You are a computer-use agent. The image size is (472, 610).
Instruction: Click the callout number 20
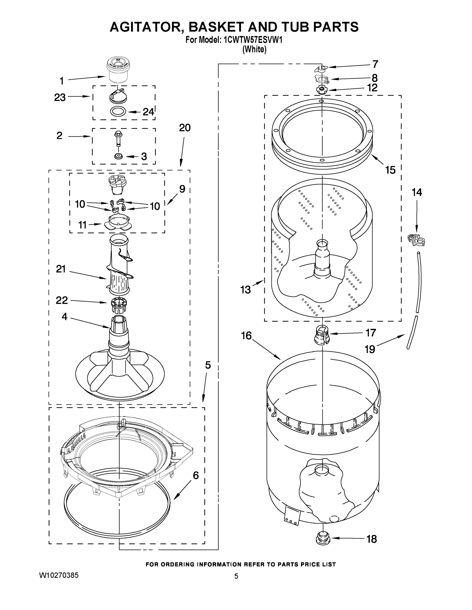point(184,128)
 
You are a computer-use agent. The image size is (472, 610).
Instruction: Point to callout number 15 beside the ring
point(390,170)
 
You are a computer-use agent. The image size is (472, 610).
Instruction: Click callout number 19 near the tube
point(370,349)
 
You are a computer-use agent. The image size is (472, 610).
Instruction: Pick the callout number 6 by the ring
point(196,475)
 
